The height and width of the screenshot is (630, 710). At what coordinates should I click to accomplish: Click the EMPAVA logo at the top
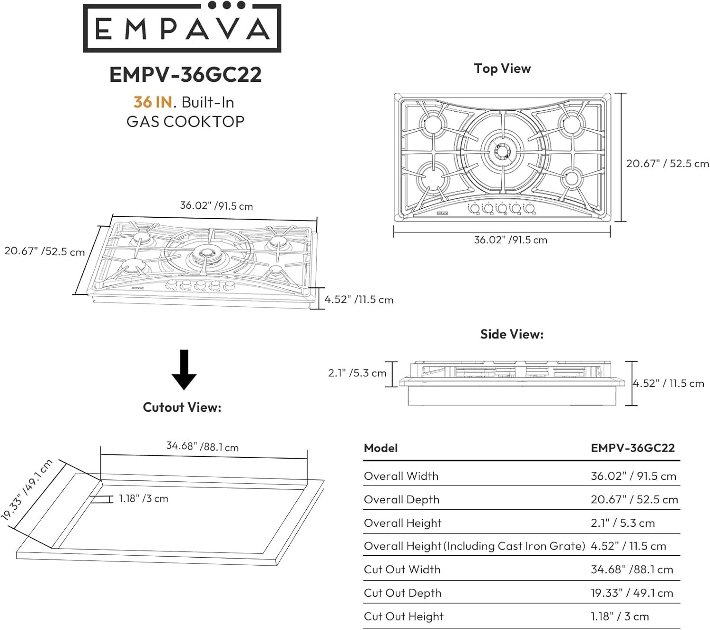tap(182, 28)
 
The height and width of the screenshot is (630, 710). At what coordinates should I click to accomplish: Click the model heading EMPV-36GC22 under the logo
tap(185, 75)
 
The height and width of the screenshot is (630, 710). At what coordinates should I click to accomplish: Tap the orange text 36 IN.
tap(152, 102)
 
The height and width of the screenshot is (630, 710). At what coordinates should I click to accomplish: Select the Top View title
tap(502, 69)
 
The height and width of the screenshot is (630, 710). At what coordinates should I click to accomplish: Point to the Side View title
tap(512, 334)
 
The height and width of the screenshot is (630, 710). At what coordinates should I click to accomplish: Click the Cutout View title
tap(182, 408)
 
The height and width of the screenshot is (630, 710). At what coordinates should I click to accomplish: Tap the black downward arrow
tap(184, 370)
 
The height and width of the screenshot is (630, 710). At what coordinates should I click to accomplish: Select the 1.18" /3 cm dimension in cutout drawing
tap(143, 498)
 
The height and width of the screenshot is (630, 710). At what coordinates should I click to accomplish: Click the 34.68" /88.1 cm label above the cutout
tap(202, 446)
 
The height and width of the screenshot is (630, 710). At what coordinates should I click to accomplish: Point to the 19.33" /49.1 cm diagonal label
tap(26, 490)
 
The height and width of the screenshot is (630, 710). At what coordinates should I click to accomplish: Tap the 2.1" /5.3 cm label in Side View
tap(357, 373)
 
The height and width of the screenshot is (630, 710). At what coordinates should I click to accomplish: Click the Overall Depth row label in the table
tap(401, 500)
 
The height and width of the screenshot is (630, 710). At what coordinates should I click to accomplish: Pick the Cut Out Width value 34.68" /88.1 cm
tap(631, 569)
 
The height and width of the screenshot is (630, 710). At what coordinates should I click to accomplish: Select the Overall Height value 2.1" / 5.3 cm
tap(622, 523)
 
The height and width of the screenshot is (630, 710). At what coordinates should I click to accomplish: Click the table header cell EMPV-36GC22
tap(632, 448)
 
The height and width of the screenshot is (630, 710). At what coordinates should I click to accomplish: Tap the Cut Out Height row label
tap(404, 616)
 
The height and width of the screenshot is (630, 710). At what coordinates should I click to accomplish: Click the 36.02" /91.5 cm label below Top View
tap(510, 240)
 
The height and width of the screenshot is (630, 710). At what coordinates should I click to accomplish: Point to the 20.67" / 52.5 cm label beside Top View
tap(667, 164)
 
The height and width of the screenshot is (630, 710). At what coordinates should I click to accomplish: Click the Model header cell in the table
tap(381, 448)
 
